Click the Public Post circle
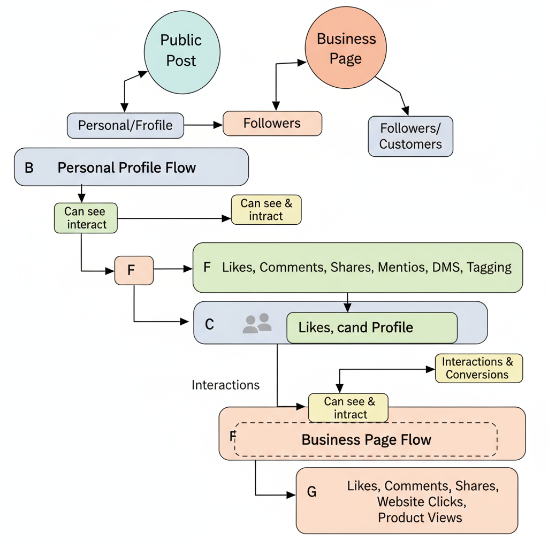(181, 50)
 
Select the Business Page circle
(345, 48)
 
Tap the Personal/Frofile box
(125, 125)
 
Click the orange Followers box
(272, 123)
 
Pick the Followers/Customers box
(410, 136)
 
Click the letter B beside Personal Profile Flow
(29, 168)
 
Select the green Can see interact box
(86, 218)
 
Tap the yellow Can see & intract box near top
(266, 209)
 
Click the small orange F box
(134, 270)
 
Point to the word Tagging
(489, 267)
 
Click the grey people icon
(257, 323)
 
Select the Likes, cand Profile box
(371, 328)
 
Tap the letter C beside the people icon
(209, 324)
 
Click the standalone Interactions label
(225, 385)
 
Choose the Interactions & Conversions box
(478, 368)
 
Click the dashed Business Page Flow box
(366, 439)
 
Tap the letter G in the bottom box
(311, 492)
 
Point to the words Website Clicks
(421, 502)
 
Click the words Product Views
(420, 517)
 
